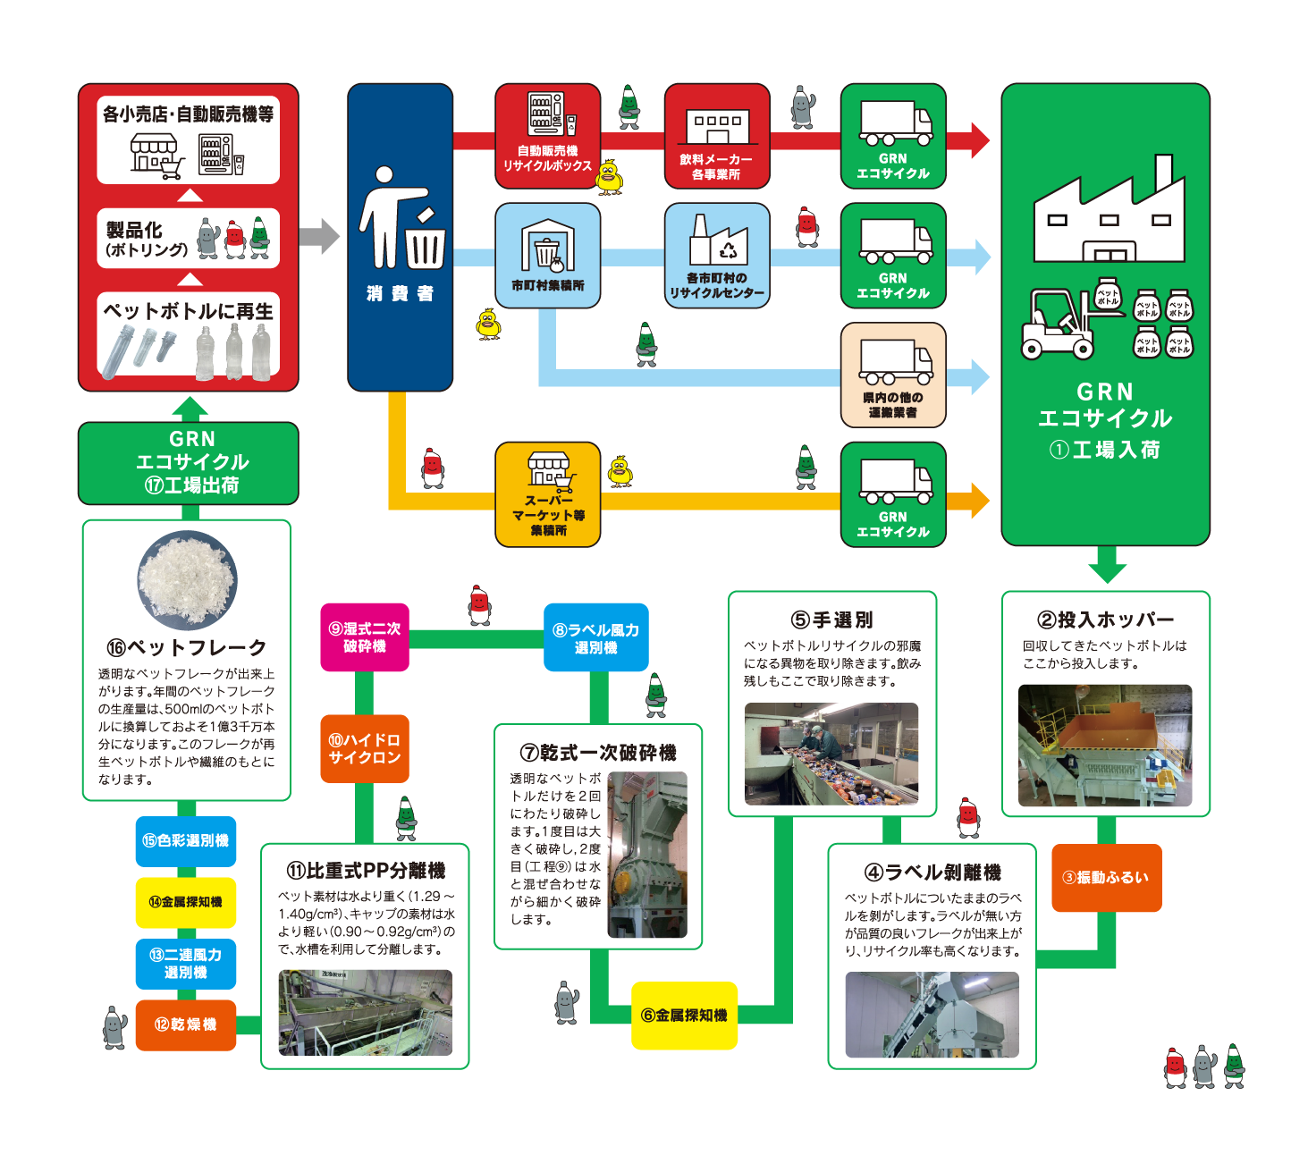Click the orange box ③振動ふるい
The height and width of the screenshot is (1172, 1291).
[1106, 878]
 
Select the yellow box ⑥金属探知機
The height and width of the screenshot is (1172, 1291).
[684, 1016]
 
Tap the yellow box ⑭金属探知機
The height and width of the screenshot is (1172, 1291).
[186, 902]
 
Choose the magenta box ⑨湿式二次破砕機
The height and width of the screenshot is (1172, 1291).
[365, 637]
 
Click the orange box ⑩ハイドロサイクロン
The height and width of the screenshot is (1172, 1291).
[365, 749]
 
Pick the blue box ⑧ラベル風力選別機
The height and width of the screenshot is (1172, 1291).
[596, 637]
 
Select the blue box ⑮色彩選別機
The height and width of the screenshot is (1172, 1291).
[186, 841]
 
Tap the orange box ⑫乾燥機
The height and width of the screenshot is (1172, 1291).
[186, 1024]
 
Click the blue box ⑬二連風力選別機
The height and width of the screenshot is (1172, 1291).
[186, 964]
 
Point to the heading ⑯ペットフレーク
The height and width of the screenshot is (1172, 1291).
[187, 648]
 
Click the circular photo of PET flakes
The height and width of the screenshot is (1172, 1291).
[187, 580]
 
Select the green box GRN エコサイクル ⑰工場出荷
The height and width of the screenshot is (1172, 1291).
[189, 463]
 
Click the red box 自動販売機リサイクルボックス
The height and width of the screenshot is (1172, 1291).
[547, 137]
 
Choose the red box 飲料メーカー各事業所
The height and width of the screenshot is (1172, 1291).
[717, 137]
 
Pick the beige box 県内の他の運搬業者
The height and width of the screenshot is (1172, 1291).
[893, 375]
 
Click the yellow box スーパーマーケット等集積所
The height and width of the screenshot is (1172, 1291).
[548, 494]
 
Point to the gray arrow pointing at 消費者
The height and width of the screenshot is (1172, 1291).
[319, 237]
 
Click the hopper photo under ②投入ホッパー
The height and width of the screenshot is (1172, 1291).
[1105, 746]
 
